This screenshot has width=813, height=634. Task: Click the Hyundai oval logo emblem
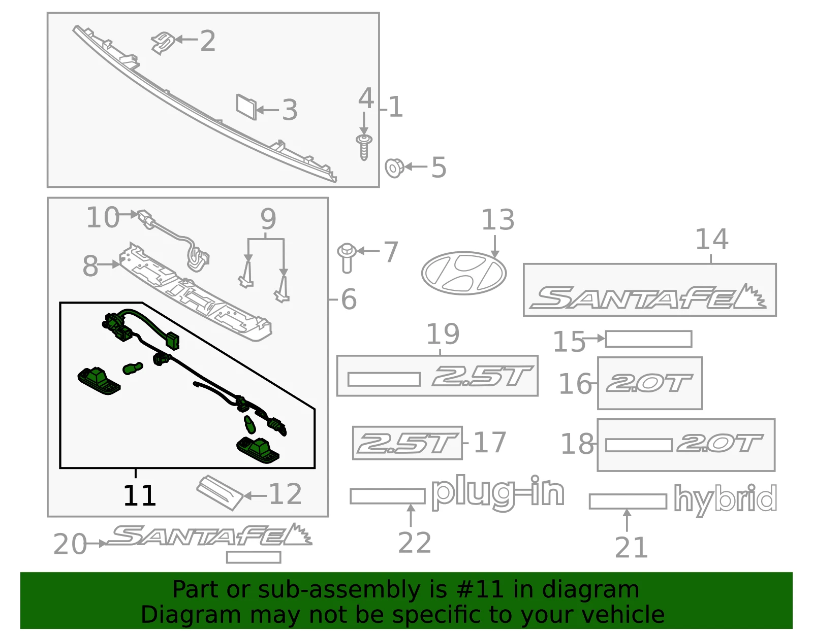[463, 273]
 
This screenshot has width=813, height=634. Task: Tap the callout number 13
[497, 220]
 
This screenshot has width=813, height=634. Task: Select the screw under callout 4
[364, 147]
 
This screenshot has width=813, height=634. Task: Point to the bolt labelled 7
[347, 258]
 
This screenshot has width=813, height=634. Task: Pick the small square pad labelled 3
[246, 107]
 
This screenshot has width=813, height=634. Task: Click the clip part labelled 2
[163, 43]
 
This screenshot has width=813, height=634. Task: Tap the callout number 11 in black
[139, 495]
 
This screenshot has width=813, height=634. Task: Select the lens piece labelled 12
[220, 492]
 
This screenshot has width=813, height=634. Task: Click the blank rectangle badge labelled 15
[648, 339]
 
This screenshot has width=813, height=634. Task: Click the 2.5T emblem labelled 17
[407, 443]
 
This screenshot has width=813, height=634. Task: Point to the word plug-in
[498, 493]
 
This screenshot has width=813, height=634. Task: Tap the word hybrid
[725, 499]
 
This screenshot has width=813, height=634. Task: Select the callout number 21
[631, 548]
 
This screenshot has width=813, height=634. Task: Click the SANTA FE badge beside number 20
[209, 535]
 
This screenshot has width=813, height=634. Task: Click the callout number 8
[90, 266]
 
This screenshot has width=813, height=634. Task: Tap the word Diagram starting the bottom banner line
[190, 615]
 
